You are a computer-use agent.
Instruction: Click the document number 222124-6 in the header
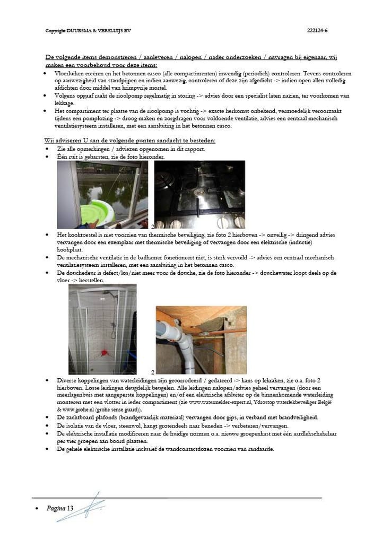point(317,31)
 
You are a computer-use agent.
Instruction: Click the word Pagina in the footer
point(56,508)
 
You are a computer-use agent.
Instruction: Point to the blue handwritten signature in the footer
point(88,507)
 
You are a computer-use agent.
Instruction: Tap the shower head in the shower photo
point(108,293)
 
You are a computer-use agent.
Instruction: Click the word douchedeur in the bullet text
point(78,273)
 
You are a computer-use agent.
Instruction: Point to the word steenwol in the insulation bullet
point(125,425)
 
